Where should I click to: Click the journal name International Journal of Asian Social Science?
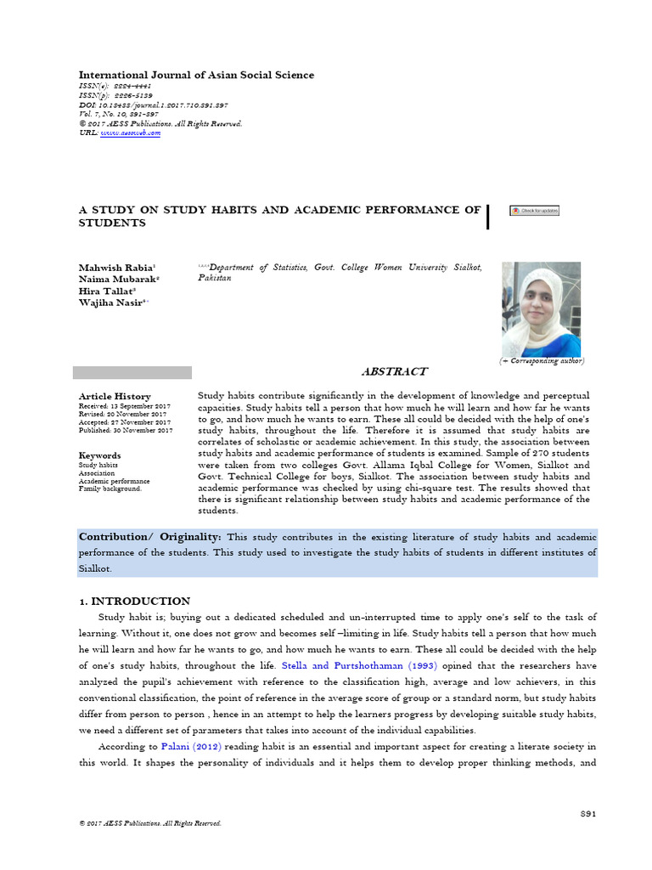pyautogui.click(x=196, y=76)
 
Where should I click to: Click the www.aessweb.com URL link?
pyautogui.click(x=130, y=133)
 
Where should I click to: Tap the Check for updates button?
pyautogui.click(x=534, y=211)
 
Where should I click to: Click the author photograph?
pyautogui.click(x=541, y=308)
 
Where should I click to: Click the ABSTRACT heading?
pyautogui.click(x=395, y=371)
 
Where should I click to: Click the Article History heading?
pyautogui.click(x=115, y=396)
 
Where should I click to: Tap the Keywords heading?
pyautogui.click(x=100, y=455)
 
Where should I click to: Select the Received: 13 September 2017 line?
pyautogui.click(x=125, y=406)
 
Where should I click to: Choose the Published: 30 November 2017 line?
pyautogui.click(x=126, y=431)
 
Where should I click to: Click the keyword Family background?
pyautogui.click(x=110, y=489)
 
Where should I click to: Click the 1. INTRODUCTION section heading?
pyautogui.click(x=134, y=601)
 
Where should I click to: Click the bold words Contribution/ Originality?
pyautogui.click(x=150, y=537)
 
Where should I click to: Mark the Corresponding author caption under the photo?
pyautogui.click(x=542, y=361)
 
